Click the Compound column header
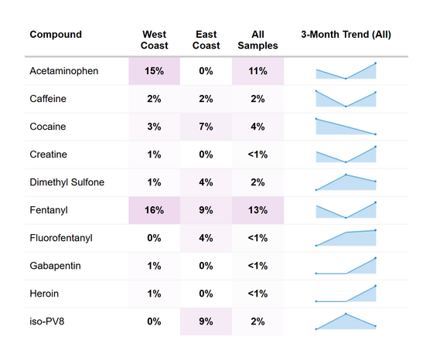click(x=56, y=35)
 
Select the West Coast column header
click(x=155, y=39)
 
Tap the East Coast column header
click(x=206, y=39)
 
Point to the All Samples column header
click(x=257, y=39)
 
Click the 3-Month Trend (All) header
click(x=346, y=35)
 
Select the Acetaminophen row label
click(x=64, y=71)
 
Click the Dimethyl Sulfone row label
click(x=67, y=182)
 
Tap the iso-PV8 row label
click(x=47, y=321)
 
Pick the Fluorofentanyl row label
click(x=61, y=238)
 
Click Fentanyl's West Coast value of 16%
click(x=155, y=210)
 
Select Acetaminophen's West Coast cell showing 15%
click(x=155, y=71)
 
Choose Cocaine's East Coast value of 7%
click(x=206, y=127)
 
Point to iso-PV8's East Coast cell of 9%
click(x=206, y=321)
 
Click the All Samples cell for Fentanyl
click(x=257, y=210)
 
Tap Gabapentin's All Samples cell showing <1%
click(x=257, y=266)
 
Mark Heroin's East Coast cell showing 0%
click(x=206, y=294)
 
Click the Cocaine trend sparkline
click(x=346, y=127)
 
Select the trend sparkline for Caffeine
click(x=346, y=99)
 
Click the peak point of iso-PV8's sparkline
click(x=346, y=314)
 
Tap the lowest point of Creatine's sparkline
click(x=346, y=162)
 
